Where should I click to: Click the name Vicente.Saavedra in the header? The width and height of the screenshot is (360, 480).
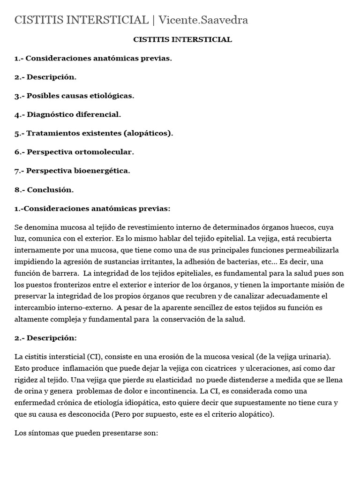click(203, 20)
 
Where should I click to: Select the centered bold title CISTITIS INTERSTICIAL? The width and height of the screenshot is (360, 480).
click(182, 40)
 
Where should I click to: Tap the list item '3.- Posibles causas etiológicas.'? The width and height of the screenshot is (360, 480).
click(74, 96)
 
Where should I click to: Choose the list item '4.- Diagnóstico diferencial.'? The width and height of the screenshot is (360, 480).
click(67, 114)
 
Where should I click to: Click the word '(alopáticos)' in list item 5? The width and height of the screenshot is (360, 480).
click(148, 133)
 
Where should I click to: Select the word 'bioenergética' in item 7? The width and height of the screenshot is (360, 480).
click(101, 171)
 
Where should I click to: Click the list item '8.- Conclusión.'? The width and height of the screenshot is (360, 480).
click(44, 190)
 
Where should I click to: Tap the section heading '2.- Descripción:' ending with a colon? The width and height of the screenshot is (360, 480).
click(45, 338)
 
